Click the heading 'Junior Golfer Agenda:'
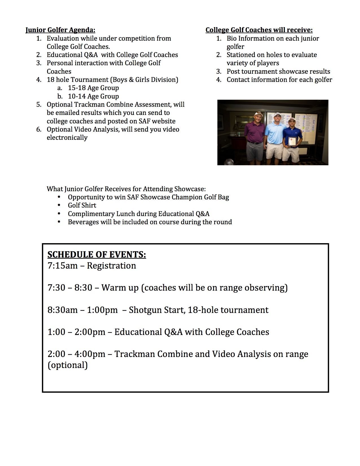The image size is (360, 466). click(60, 30)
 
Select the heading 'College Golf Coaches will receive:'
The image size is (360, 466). click(259, 30)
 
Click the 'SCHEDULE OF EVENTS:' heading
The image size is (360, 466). click(97, 254)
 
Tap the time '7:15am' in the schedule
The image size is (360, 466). click(62, 266)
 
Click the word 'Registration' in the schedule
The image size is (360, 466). click(111, 266)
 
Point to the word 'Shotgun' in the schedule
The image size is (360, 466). click(143, 310)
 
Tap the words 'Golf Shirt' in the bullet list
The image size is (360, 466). click(82, 205)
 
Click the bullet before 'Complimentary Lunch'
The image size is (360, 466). click(59, 214)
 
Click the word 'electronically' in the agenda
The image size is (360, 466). click(67, 138)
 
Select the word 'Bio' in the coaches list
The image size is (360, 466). click(232, 38)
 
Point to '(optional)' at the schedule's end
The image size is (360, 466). click(67, 365)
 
